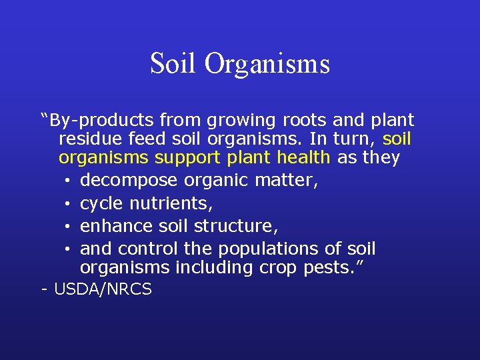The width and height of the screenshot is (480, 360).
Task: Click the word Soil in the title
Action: (173, 64)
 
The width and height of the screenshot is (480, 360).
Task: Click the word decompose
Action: (129, 181)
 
